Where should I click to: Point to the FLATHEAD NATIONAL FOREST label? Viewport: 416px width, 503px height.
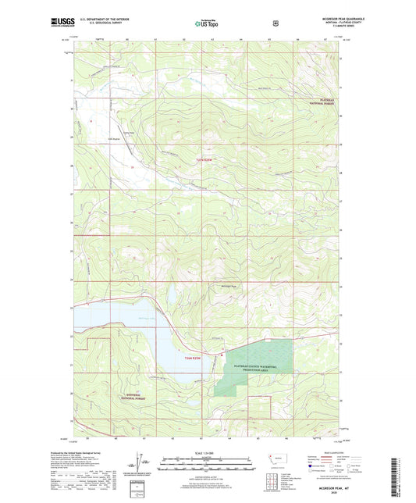(318, 102)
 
